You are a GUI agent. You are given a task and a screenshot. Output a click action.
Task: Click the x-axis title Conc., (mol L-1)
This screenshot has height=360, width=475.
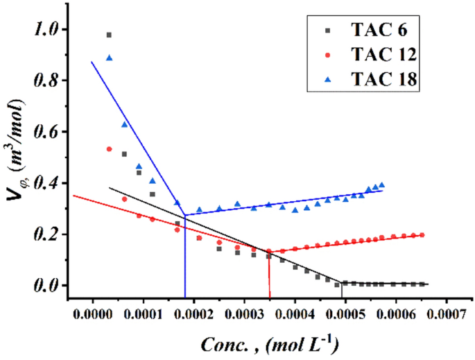pyautogui.click(x=270, y=345)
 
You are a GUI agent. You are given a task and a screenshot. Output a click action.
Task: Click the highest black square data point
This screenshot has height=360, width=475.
pyautogui.click(x=109, y=35)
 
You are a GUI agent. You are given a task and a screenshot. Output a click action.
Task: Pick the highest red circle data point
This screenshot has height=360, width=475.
pyautogui.click(x=109, y=149)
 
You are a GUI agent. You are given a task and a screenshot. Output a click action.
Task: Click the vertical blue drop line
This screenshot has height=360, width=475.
pyautogui.click(x=185, y=257)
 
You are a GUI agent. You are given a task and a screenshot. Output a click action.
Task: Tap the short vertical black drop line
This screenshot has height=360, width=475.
pyautogui.click(x=341, y=290)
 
